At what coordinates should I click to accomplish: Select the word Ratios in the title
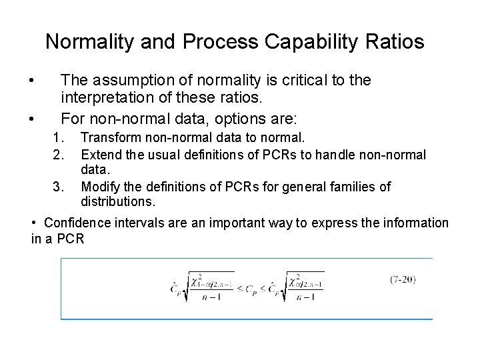395,42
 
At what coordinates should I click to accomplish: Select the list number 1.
57,138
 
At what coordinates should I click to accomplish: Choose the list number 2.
57,155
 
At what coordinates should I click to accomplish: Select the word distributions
113,201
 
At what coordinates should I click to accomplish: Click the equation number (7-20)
403,279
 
